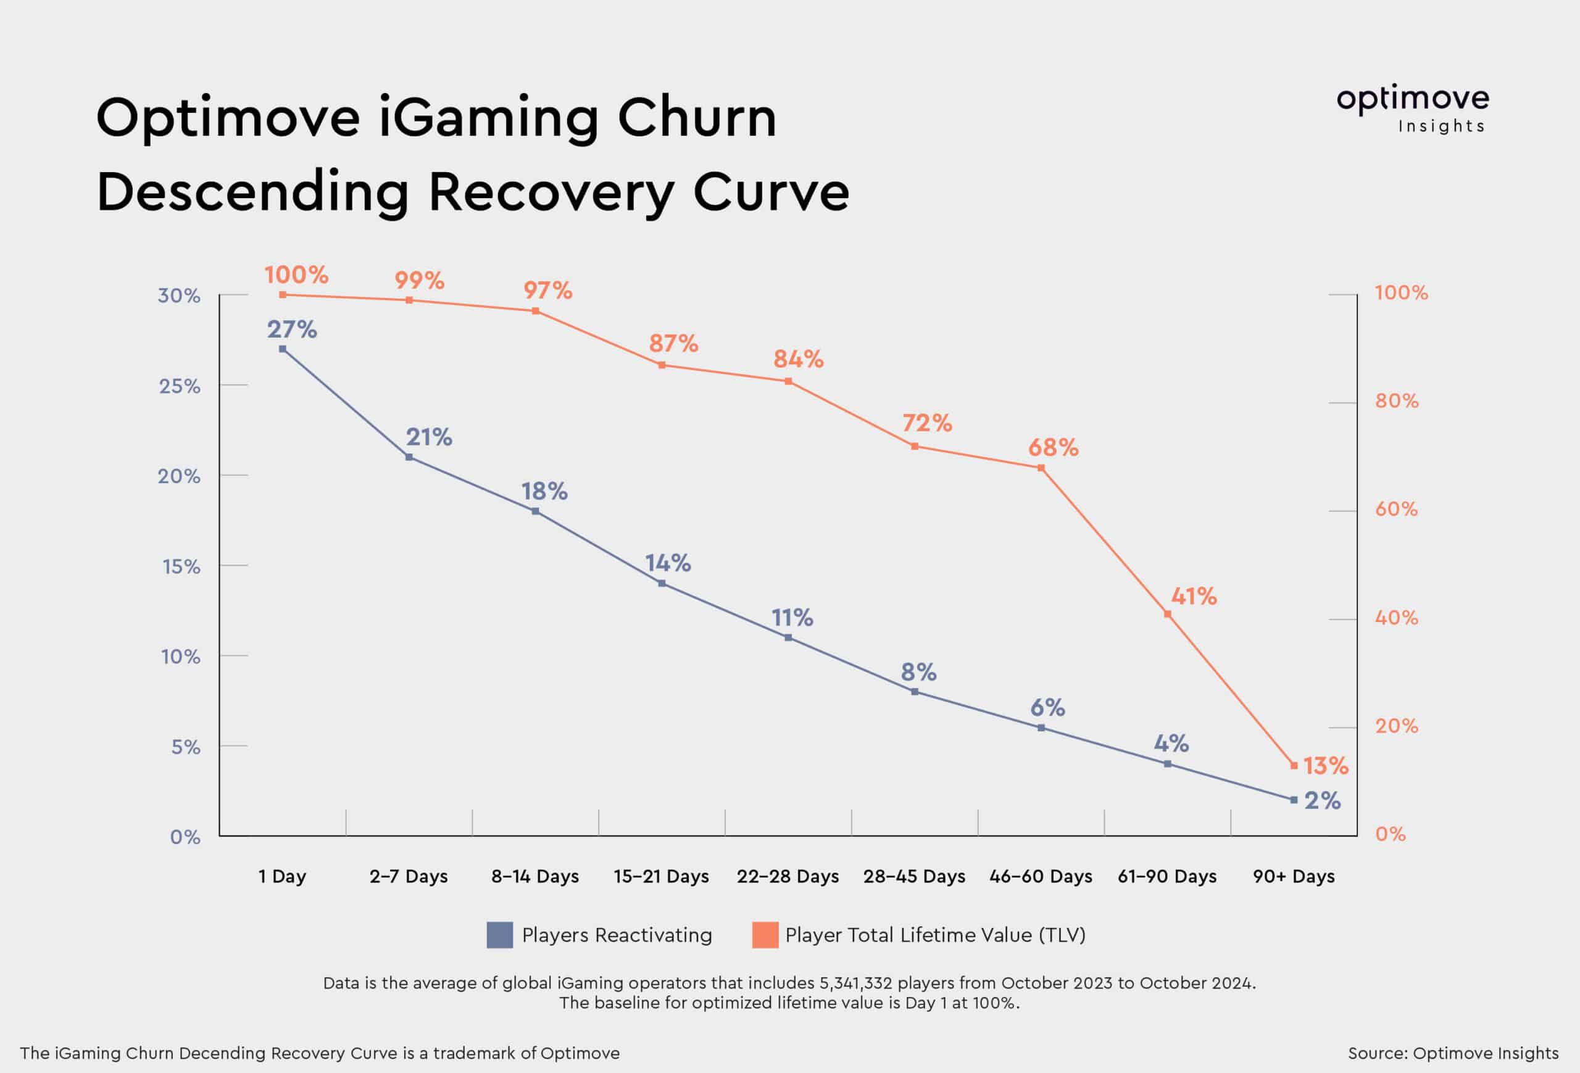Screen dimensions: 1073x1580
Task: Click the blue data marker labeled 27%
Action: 282,349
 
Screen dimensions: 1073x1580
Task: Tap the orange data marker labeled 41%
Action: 1167,615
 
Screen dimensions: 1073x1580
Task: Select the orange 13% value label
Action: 1325,766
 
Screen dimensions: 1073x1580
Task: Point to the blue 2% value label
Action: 1323,800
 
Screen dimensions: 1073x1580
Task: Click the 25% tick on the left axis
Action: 180,386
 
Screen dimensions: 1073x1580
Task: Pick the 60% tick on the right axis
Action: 1397,509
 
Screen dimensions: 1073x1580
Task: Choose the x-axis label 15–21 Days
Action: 661,877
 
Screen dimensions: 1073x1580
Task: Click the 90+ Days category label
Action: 1294,877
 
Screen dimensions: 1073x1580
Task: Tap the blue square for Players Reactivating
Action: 500,935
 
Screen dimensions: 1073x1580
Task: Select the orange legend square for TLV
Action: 765,935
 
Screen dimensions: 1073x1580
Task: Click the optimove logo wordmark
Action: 1413,100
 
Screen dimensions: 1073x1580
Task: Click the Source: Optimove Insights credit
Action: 1453,1053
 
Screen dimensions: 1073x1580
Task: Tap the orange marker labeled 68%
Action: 1041,468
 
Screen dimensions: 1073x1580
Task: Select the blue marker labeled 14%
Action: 662,583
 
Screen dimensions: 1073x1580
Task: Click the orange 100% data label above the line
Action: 296,275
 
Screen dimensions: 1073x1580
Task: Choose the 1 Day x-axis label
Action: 282,877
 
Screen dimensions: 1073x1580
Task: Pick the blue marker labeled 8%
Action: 915,692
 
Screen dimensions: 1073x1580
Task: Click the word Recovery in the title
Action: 551,193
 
